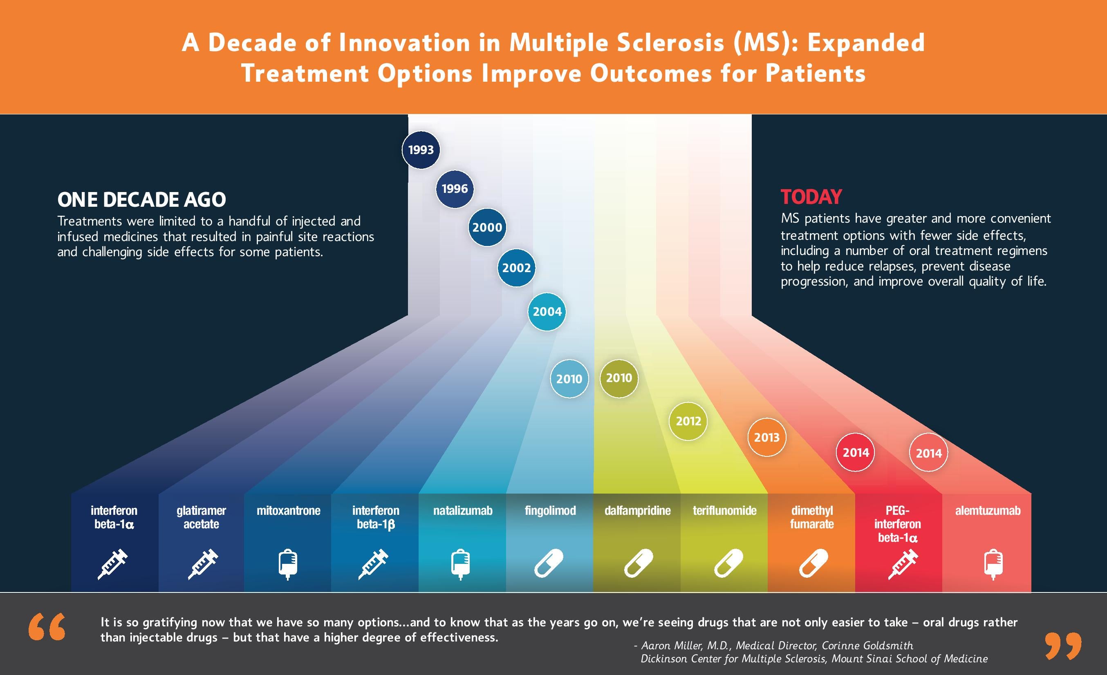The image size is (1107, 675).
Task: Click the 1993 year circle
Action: (421, 150)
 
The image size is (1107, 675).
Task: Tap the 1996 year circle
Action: (455, 189)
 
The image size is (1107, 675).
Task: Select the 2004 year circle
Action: (547, 312)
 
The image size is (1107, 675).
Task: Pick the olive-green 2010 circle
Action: (618, 378)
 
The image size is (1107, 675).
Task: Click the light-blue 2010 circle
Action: (569, 379)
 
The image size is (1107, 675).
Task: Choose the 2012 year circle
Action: (688, 421)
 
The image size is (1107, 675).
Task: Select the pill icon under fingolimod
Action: (549, 563)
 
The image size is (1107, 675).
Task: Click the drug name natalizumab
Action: (463, 511)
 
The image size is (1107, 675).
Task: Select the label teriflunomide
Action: (724, 511)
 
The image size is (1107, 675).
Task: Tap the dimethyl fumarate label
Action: (812, 517)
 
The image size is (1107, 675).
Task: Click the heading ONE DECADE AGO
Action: (141, 200)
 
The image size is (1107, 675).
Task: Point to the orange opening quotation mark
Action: (47, 627)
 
